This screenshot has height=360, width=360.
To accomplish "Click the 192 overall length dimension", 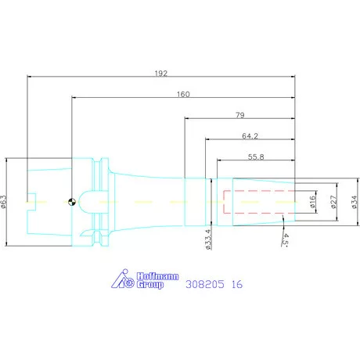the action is [x=161, y=74].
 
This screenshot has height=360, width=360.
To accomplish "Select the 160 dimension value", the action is [x=183, y=94].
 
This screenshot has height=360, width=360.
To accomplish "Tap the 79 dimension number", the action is [x=240, y=115].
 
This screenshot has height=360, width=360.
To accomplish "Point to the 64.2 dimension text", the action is [x=250, y=136].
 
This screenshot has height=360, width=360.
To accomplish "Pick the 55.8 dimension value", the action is [x=256, y=157].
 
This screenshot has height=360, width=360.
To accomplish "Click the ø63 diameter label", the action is [x=3, y=202].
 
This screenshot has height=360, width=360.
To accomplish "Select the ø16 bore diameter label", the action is [x=313, y=202].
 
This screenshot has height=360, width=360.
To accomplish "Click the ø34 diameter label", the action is [x=355, y=202].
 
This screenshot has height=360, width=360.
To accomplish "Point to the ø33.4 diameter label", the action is [x=208, y=239].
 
